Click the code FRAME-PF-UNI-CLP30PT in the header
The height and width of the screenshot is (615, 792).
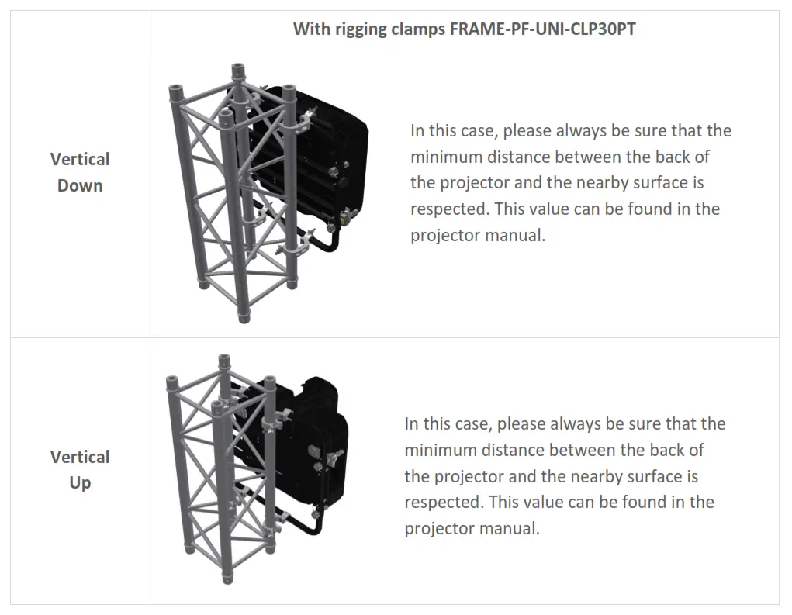tap(543, 29)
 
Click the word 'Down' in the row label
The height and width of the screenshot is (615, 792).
tap(80, 185)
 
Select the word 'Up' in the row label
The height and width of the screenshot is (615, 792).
tap(80, 482)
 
